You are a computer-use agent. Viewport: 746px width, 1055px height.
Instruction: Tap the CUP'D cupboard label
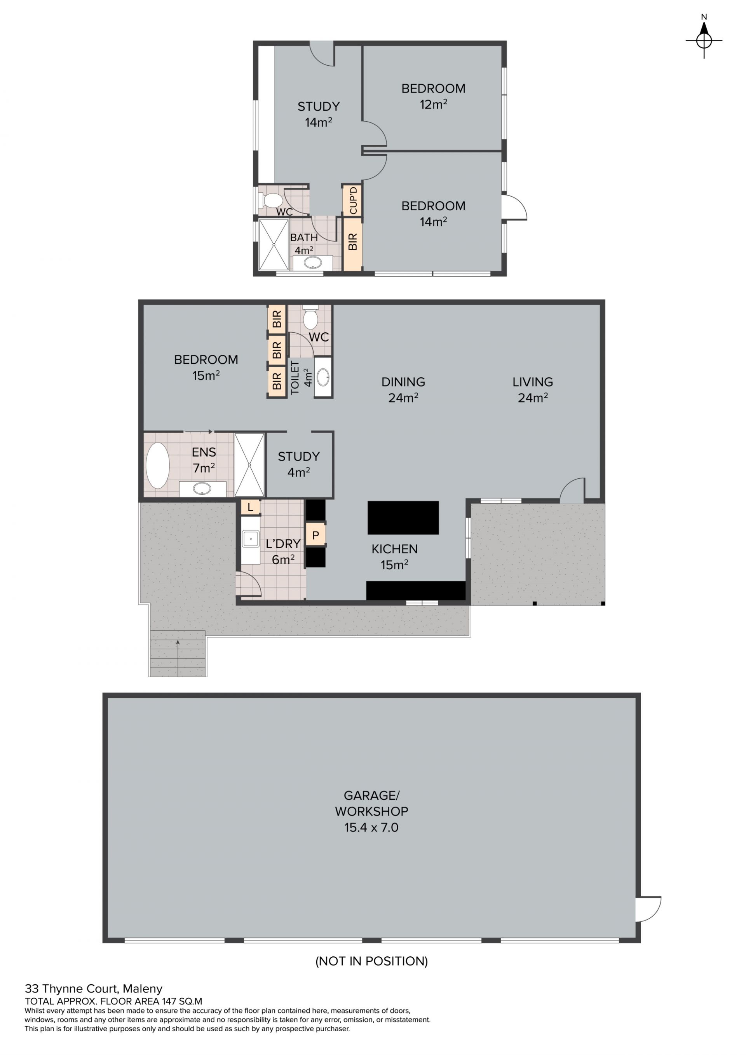point(353,201)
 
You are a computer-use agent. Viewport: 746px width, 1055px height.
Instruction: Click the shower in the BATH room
point(274,245)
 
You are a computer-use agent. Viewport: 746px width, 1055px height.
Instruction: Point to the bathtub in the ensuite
point(158,466)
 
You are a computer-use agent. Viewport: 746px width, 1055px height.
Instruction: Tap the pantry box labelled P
point(315,535)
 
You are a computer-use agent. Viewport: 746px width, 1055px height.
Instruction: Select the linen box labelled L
point(250,507)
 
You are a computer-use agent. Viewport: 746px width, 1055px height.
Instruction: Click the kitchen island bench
point(403,517)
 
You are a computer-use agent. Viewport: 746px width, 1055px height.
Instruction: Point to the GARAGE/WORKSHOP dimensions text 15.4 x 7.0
point(371,828)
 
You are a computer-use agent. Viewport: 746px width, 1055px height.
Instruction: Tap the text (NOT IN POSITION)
point(371,961)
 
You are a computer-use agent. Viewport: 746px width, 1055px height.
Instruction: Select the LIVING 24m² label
point(533,390)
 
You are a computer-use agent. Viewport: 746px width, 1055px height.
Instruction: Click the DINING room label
point(403,382)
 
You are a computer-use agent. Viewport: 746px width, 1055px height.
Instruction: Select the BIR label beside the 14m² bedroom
point(353,242)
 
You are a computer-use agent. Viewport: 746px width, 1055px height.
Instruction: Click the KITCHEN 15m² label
point(395,556)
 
